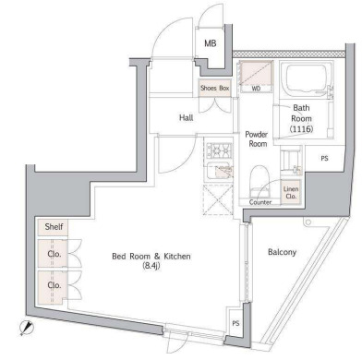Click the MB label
tap(211, 43)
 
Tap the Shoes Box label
tap(215, 88)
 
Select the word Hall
tap(187, 117)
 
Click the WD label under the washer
tap(256, 89)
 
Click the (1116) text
tap(301, 129)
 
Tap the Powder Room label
tap(257, 139)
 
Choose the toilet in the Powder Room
tap(260, 182)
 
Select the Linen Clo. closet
tap(291, 192)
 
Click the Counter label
tap(260, 202)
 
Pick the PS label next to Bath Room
tap(324, 159)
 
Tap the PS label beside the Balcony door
tap(235, 323)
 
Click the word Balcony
tap(282, 252)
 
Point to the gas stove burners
tap(219, 151)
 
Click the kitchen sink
tap(219, 170)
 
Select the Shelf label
tap(54, 227)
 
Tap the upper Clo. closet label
tap(54, 254)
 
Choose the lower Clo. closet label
tap(54, 285)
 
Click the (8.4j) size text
tap(151, 266)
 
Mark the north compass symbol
tap(25, 328)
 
